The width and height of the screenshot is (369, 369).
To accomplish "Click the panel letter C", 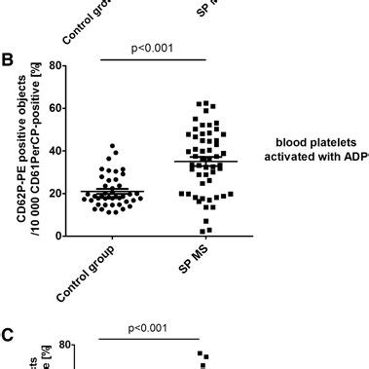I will tap(10, 337).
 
